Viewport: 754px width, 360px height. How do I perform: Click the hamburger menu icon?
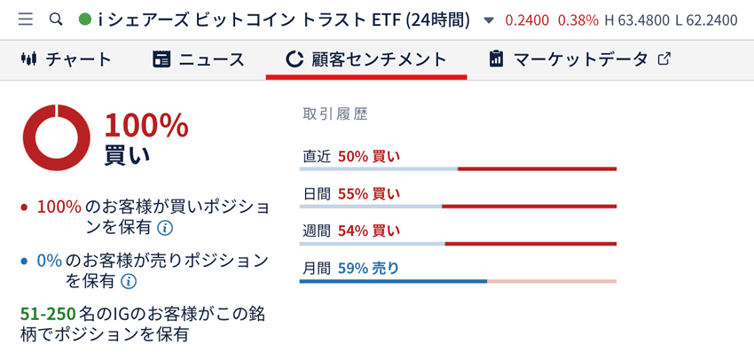[x=25, y=19]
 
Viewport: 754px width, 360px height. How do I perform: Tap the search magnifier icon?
[x=57, y=19]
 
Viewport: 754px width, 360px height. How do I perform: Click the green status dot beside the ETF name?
[x=85, y=19]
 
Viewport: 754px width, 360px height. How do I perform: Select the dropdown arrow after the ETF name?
[x=489, y=20]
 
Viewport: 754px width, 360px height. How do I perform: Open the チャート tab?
[x=67, y=59]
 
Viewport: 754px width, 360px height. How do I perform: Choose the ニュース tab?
[x=199, y=59]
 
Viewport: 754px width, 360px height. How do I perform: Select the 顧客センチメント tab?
[x=365, y=59]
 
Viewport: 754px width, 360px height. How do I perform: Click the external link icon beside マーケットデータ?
[x=664, y=59]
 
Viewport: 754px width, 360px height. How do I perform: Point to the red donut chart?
[x=57, y=137]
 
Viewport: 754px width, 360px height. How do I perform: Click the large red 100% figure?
[x=146, y=126]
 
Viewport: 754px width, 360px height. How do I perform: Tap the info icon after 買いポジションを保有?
[x=165, y=228]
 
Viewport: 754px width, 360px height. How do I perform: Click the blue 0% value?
[x=50, y=261]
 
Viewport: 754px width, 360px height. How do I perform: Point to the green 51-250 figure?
[x=47, y=314]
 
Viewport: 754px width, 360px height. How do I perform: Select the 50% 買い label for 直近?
[x=368, y=156]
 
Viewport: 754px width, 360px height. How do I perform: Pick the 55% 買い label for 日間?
[x=368, y=193]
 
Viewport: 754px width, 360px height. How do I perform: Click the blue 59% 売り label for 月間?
[x=368, y=268]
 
